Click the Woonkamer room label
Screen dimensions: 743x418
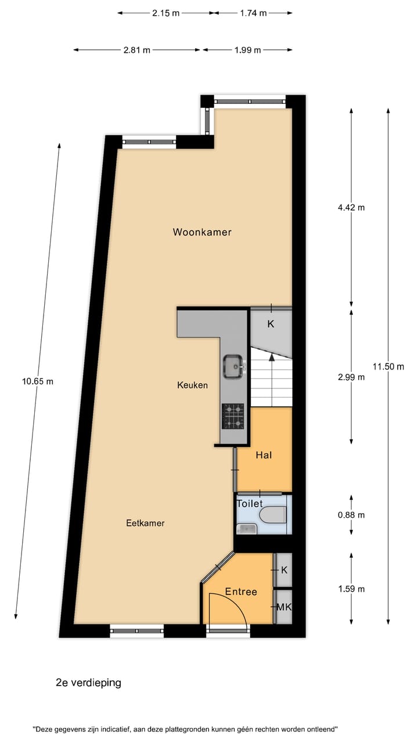tap(202, 232)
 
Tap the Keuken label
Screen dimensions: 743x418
tap(192, 385)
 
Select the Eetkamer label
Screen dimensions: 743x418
tap(145, 523)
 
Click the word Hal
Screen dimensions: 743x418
tap(264, 456)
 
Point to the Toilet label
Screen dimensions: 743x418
tap(250, 504)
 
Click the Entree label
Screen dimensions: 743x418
tap(241, 591)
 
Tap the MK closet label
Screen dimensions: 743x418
tap(284, 607)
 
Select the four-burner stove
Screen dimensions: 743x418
tap(233, 416)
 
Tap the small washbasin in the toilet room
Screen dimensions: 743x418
tap(247, 528)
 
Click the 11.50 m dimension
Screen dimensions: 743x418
tap(388, 366)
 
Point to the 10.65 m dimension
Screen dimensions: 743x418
tap(38, 381)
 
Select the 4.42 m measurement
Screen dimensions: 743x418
tap(351, 207)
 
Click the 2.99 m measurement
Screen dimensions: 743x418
tap(351, 377)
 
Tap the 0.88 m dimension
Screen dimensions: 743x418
tap(351, 515)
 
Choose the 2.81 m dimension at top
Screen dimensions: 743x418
tap(136, 50)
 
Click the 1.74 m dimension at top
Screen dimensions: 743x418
tap(253, 13)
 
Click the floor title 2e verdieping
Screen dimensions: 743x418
tap(88, 683)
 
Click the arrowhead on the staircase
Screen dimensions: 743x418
tap(271, 355)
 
